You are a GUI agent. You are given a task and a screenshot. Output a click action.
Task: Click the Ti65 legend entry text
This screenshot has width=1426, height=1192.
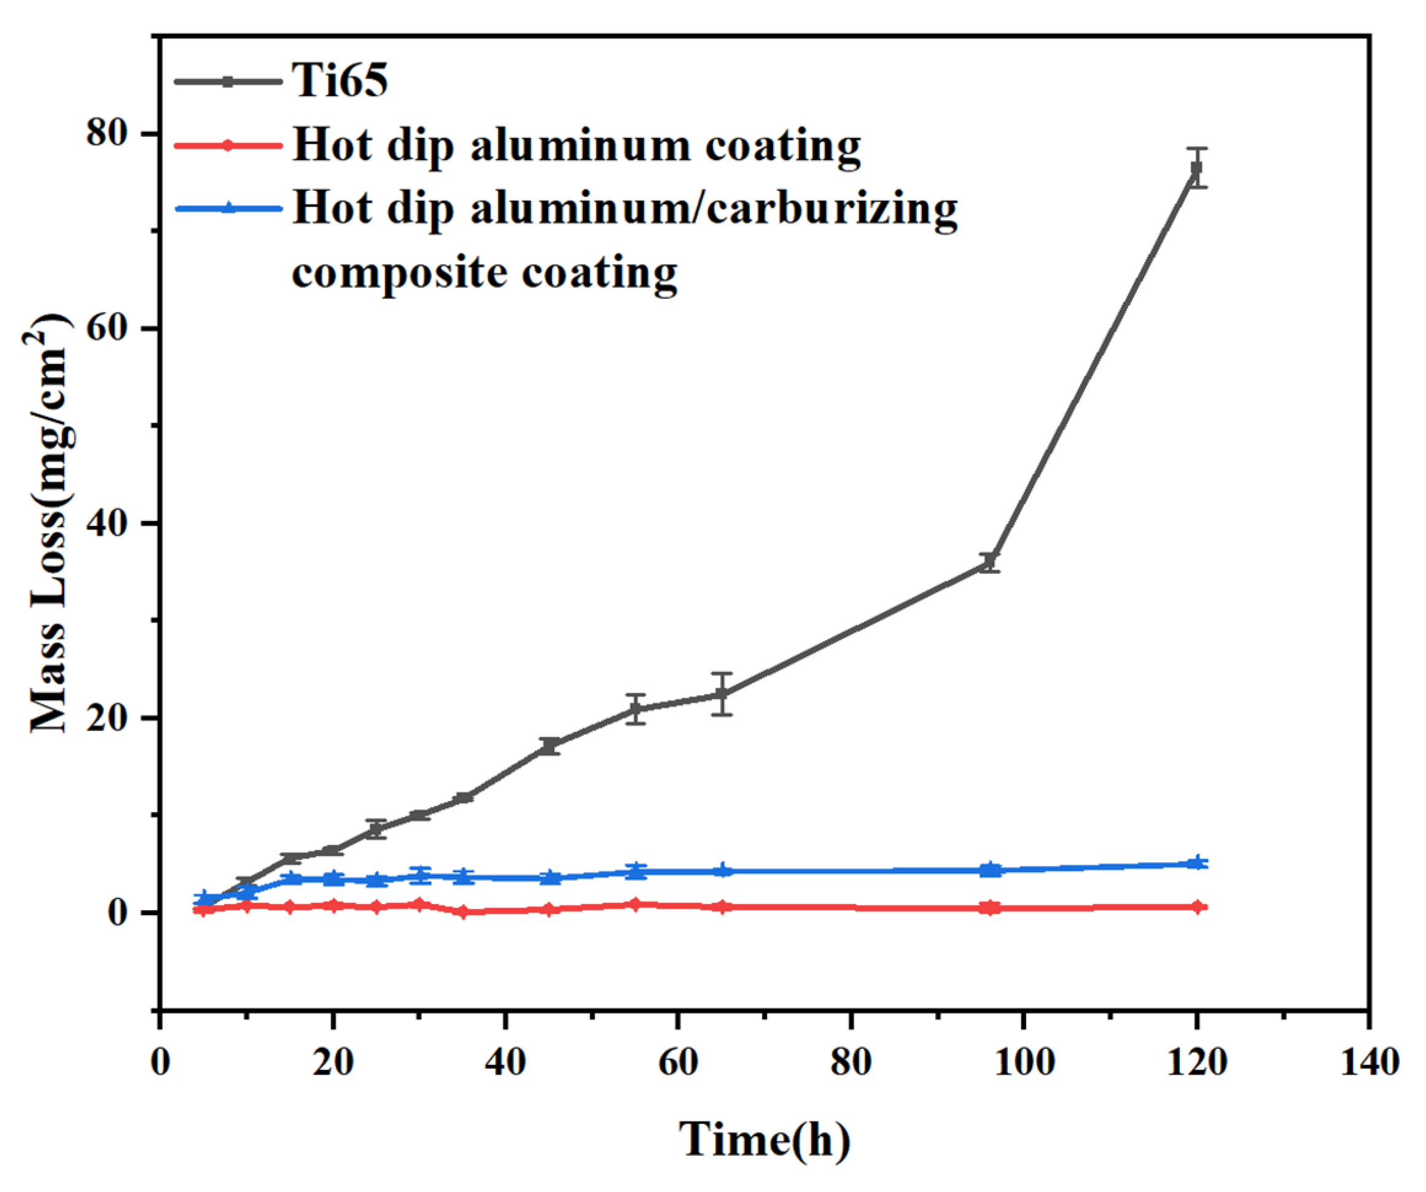[x=340, y=80]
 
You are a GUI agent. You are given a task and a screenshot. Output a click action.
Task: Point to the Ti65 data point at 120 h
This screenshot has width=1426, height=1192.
[x=1196, y=168]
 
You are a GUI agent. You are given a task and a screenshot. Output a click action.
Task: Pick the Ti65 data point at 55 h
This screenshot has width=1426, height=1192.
[x=636, y=710]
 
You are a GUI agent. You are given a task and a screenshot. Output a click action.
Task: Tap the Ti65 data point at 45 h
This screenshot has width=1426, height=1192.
[x=550, y=746]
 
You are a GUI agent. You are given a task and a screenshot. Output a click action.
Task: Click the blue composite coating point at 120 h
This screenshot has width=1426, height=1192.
[x=1198, y=863]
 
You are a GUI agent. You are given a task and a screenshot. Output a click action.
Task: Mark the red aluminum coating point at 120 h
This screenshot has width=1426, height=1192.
[x=1198, y=907]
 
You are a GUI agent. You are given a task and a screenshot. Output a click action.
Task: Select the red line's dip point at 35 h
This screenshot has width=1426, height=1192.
[x=463, y=912]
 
